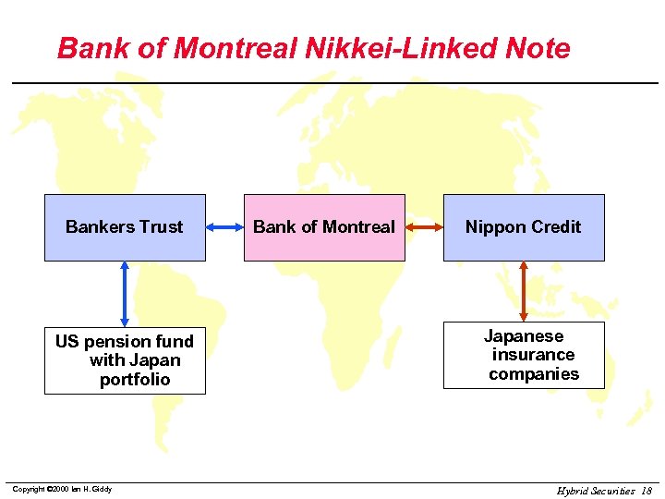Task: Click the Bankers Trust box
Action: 125,227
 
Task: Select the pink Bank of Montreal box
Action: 323,227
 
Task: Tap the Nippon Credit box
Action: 524,227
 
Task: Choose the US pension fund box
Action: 125,360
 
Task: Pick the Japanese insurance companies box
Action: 524,355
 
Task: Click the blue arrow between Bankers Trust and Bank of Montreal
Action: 224,226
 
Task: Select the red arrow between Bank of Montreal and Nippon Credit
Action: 424,226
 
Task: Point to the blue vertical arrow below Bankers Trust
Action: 125,292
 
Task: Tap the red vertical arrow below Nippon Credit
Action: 524,291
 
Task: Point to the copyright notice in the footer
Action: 62,489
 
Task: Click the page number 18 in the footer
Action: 646,491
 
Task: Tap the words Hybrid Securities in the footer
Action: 596,491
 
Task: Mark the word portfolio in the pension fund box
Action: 135,380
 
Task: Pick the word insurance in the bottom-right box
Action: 533,355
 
